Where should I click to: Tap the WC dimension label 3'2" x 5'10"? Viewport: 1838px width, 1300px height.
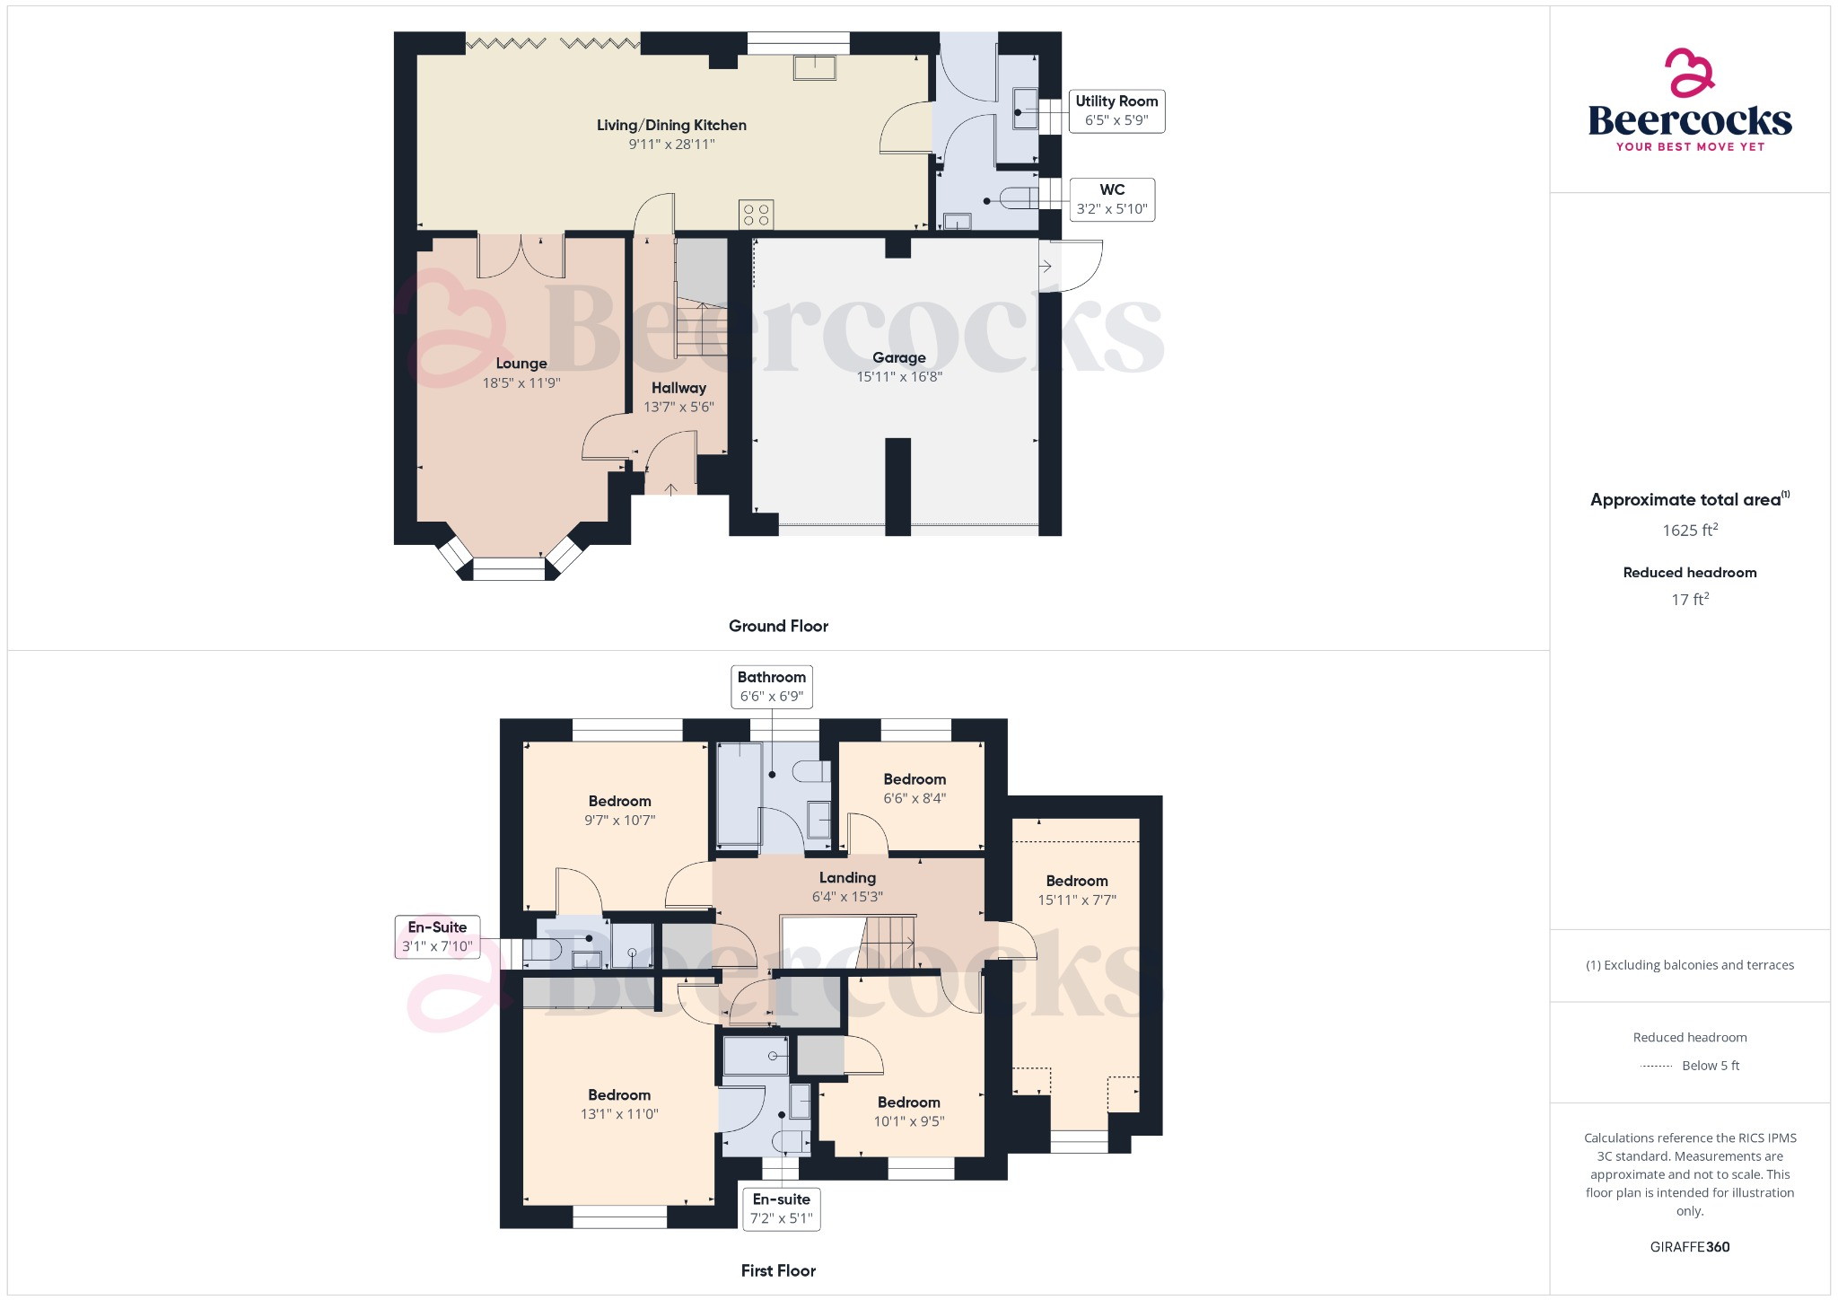tap(1112, 209)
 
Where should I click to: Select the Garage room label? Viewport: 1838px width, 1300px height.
tap(898, 357)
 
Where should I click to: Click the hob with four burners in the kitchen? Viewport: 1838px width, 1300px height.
tap(757, 215)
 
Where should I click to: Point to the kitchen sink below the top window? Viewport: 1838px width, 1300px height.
tap(814, 67)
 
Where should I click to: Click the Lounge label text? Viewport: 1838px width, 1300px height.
tap(521, 364)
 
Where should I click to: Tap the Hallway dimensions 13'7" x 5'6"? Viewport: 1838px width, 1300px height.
tap(678, 407)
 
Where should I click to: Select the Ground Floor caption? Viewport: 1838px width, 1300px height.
tap(778, 626)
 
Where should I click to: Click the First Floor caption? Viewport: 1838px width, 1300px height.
tap(778, 1270)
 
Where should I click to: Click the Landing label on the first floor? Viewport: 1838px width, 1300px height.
tap(847, 878)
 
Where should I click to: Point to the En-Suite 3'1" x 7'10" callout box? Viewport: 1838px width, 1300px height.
tap(437, 936)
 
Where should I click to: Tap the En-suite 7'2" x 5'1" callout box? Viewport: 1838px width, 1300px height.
tap(781, 1208)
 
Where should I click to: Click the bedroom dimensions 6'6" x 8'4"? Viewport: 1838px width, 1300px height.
tap(915, 798)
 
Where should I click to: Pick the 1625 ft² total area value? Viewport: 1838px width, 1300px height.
tap(1689, 531)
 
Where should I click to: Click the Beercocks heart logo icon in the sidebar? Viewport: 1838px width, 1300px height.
tap(1689, 73)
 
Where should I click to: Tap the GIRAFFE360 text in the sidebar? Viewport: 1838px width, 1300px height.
tap(1689, 1247)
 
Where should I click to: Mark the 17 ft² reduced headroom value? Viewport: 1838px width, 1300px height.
tap(1689, 600)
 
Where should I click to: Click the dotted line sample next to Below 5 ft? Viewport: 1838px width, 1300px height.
tap(1656, 1067)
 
